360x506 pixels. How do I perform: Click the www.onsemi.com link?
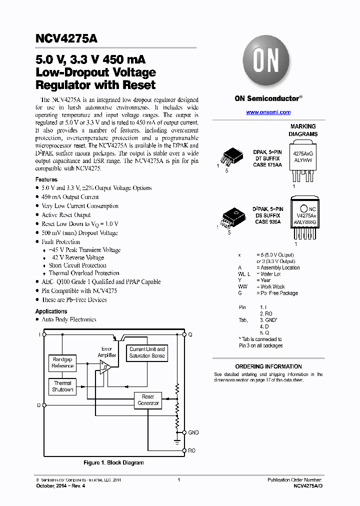268,112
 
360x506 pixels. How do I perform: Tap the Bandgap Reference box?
62,362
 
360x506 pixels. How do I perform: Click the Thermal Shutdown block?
62,386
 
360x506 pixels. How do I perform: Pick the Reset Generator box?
148,399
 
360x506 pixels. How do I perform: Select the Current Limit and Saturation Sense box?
146,352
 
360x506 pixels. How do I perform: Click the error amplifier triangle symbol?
105,368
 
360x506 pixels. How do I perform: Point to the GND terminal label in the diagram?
193,432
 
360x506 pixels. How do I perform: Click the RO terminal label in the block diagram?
191,450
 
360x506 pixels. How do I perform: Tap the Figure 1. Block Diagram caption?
113,463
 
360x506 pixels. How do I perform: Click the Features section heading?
46,179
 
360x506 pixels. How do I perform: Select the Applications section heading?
51,311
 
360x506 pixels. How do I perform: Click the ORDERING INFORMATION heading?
268,366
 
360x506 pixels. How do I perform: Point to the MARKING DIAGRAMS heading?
303,130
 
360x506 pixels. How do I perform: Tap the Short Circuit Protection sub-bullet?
77,265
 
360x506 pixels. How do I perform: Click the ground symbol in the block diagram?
176,441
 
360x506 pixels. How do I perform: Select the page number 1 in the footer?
179,480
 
